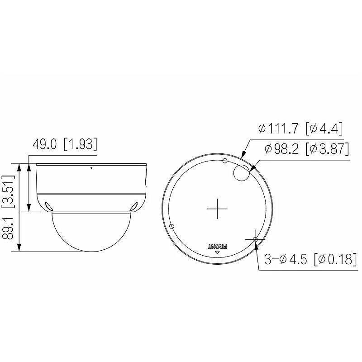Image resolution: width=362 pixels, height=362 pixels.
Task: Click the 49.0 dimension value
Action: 45,145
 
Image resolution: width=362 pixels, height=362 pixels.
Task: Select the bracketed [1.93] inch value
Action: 81,145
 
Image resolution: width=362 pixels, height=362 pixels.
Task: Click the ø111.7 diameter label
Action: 278,129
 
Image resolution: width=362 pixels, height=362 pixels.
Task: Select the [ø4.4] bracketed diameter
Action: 324,129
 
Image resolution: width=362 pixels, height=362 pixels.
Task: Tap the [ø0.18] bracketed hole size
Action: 333,260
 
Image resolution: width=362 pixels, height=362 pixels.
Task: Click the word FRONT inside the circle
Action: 217,246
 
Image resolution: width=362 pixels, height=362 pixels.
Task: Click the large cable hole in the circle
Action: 241,172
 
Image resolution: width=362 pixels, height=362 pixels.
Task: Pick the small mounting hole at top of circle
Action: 225,161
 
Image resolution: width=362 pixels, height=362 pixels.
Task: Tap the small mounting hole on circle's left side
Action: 171,226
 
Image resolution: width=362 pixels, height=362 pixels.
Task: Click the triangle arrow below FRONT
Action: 217,253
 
